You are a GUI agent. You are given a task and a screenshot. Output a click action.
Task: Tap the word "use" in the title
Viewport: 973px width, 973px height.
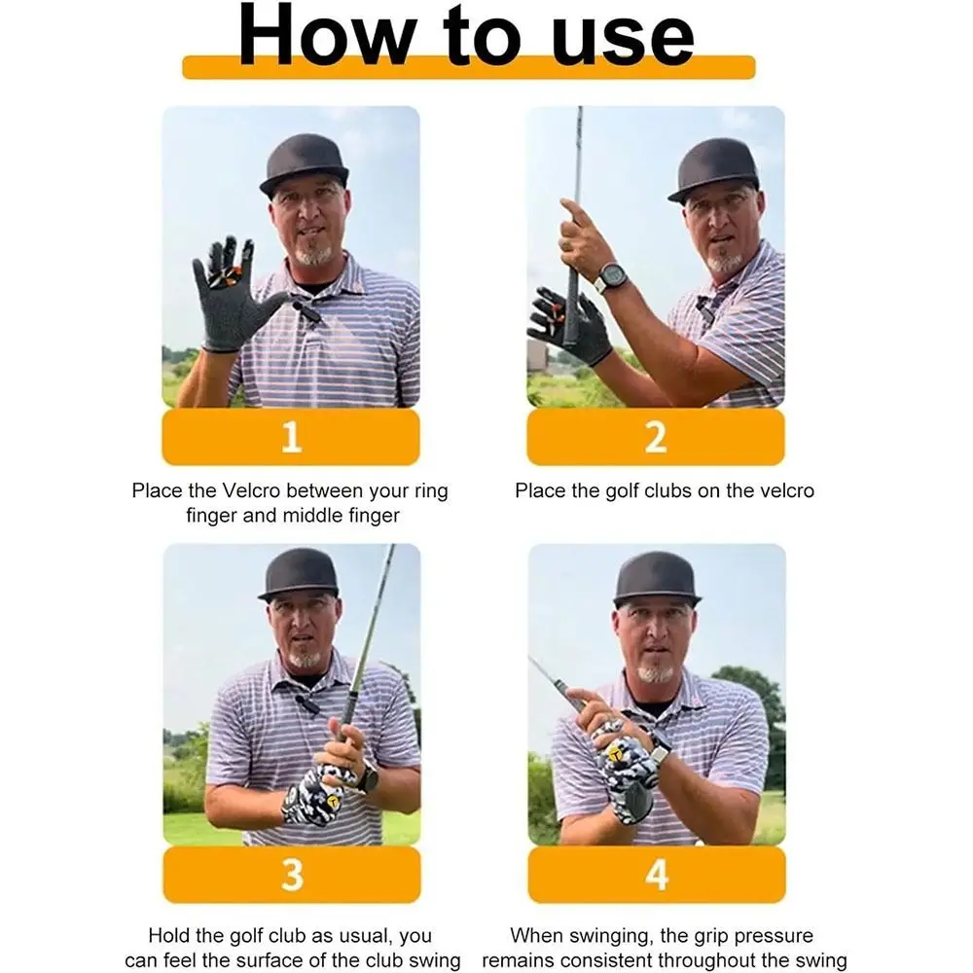(623, 40)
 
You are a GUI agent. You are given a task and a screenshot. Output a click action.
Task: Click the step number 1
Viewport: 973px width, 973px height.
(291, 437)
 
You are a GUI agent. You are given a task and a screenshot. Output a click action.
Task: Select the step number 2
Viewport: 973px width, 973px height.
(656, 437)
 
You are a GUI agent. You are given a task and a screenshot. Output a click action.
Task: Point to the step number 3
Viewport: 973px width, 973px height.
(292, 875)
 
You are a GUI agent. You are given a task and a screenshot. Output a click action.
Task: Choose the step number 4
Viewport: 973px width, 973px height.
(657, 875)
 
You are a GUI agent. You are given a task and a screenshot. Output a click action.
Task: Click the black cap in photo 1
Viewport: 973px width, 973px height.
(304, 164)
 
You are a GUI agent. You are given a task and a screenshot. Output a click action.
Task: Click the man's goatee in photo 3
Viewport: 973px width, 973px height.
(305, 658)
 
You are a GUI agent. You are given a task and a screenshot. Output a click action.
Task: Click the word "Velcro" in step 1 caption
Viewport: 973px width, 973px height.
(251, 490)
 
